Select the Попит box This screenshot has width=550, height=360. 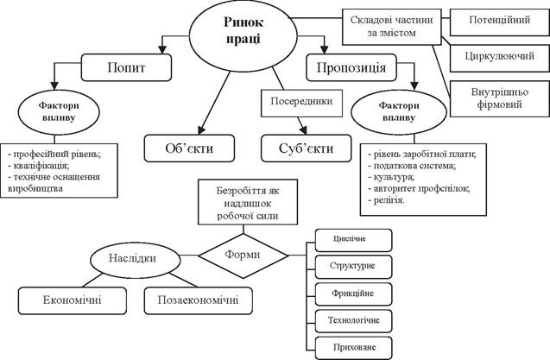(x=126, y=67)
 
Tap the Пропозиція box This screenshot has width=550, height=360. (x=351, y=67)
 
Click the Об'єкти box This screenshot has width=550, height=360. (x=189, y=148)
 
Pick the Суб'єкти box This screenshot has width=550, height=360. (x=306, y=148)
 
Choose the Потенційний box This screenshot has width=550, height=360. (x=499, y=22)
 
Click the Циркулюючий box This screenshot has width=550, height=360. (x=499, y=58)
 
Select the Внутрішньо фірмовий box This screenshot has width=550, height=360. (x=499, y=98)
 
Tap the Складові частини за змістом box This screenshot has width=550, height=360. (x=391, y=27)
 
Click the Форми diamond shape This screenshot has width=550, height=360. (x=243, y=256)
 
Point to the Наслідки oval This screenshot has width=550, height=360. (x=135, y=260)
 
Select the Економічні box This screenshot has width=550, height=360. (x=73, y=300)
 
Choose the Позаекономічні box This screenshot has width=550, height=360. (x=199, y=300)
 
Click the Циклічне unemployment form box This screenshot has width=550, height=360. (x=353, y=240)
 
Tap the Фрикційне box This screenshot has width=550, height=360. (x=353, y=294)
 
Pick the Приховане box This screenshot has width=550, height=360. (x=353, y=348)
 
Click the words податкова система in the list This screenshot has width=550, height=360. (x=414, y=166)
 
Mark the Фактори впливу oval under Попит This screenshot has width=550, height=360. (x=59, y=112)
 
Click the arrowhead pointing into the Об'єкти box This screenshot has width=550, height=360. (x=201, y=130)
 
